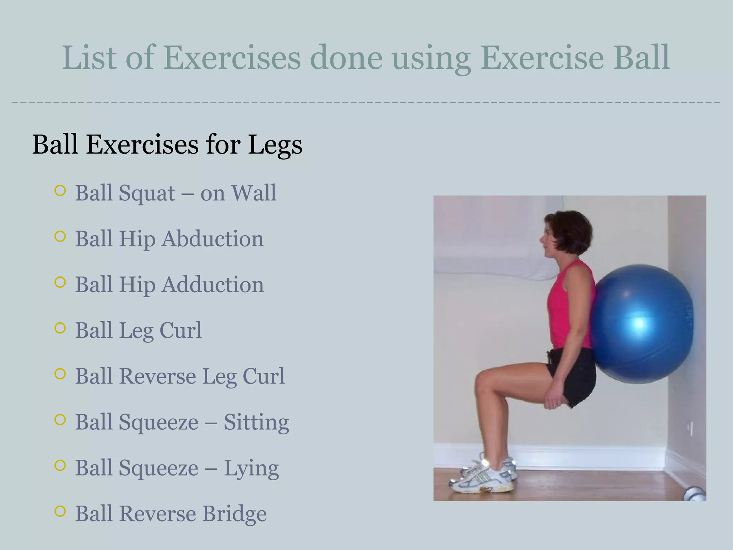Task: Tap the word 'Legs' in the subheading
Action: pos(275,145)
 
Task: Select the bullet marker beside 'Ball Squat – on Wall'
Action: pos(60,190)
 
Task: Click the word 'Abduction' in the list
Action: pos(212,239)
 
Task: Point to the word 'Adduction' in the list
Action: pos(213,285)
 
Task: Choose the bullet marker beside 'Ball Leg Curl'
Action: pos(60,328)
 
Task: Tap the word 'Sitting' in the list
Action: pos(256,422)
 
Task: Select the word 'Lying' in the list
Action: pos(251,468)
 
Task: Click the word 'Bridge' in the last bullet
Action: pos(234,514)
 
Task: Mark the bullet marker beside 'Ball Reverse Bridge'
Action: pos(60,511)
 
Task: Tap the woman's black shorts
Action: pos(573,376)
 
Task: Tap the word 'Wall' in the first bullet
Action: pos(254,193)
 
